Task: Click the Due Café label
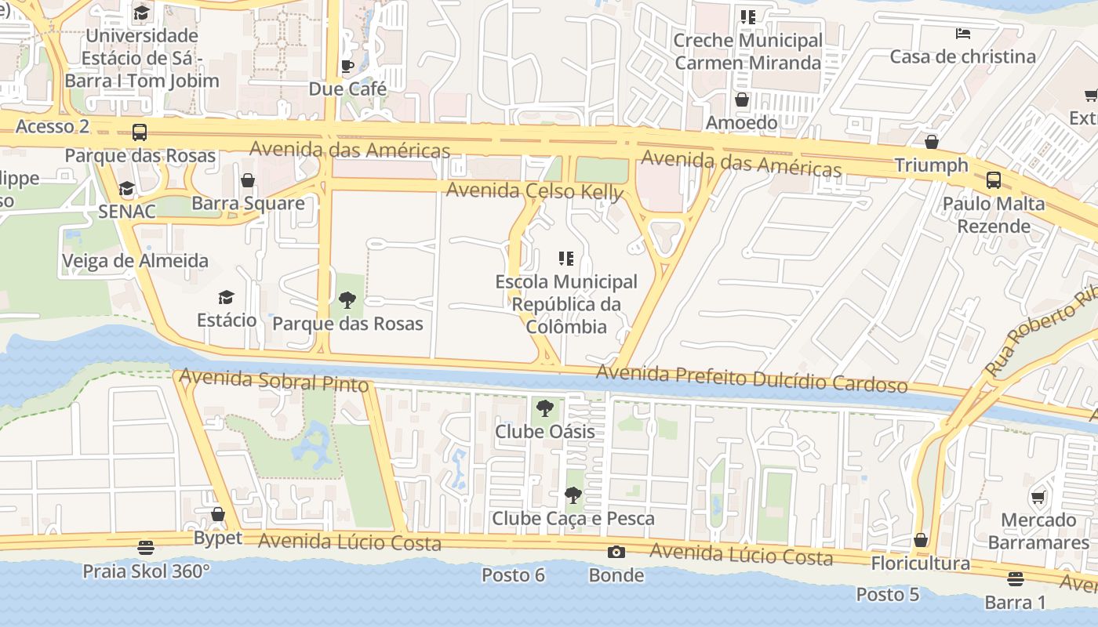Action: [x=347, y=89]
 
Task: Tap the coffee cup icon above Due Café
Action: [x=347, y=66]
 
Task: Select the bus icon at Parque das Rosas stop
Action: [x=140, y=132]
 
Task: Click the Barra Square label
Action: [x=248, y=203]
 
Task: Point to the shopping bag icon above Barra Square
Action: [x=248, y=180]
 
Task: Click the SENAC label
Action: [x=127, y=211]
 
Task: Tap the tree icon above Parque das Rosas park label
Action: [x=347, y=299]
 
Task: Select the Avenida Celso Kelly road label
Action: [x=535, y=191]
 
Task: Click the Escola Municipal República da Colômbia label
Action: [x=566, y=304]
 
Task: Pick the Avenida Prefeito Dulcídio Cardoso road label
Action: [x=751, y=379]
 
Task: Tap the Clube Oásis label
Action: [x=544, y=431]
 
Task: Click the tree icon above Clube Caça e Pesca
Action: [x=573, y=495]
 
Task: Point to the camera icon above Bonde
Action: [x=616, y=552]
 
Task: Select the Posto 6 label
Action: [x=513, y=574]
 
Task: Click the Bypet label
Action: [x=218, y=538]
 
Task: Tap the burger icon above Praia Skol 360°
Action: [x=146, y=547]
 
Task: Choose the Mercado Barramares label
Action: [x=1038, y=531]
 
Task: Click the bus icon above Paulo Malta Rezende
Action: [x=994, y=180]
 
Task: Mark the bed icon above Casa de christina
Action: [x=963, y=33]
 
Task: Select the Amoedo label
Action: [x=741, y=122]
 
